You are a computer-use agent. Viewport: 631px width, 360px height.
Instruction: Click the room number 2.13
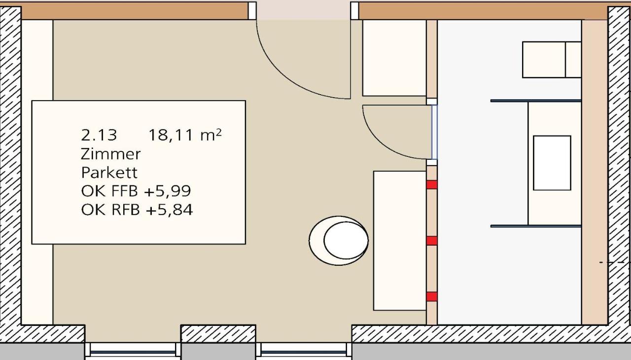tap(99, 135)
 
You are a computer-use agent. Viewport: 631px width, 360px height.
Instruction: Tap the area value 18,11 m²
tap(185, 135)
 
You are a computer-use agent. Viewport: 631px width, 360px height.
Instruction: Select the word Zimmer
tap(110, 154)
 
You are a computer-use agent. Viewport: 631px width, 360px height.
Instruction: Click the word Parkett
tap(109, 173)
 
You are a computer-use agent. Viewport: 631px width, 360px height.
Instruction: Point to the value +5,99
tap(167, 191)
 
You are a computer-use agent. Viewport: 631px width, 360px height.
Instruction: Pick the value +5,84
tap(169, 210)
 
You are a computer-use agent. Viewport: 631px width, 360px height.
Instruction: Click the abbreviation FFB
tap(125, 191)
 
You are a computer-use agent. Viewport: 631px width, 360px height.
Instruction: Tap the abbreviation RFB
tap(125, 210)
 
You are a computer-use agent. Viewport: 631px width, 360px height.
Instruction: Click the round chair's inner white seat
tap(346, 240)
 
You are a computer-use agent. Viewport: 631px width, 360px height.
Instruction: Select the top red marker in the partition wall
tap(431, 185)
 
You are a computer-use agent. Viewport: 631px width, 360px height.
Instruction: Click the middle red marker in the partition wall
tap(431, 241)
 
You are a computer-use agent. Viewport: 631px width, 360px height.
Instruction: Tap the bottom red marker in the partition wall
tap(431, 296)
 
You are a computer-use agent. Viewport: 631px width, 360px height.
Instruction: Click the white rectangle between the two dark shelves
tap(552, 163)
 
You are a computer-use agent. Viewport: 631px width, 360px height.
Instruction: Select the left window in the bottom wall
tap(133, 352)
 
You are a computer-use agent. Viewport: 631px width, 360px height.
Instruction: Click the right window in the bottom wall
tap(304, 352)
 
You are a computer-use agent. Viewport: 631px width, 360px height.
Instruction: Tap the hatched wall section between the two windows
tap(218, 334)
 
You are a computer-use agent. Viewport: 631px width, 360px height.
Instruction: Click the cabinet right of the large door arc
tap(394, 58)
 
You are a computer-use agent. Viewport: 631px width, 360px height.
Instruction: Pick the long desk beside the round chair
tap(400, 241)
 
